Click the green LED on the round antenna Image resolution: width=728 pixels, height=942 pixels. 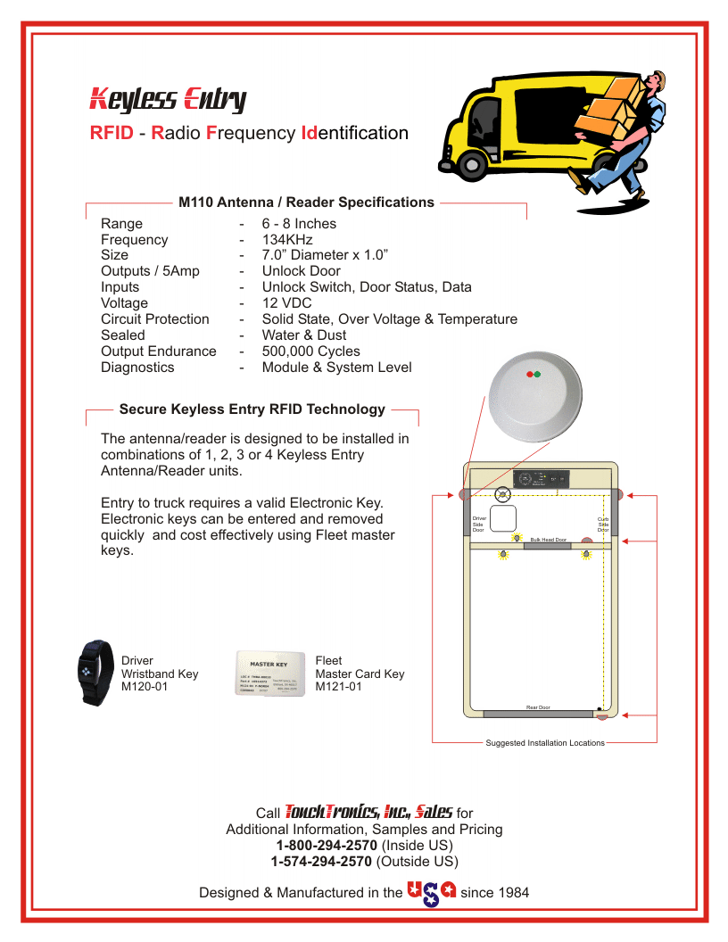pos(537,375)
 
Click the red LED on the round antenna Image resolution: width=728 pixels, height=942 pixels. pos(530,375)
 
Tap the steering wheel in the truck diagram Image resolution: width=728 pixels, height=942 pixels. pos(501,492)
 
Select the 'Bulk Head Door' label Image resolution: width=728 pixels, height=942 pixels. pos(548,540)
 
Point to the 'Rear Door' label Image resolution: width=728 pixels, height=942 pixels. pos(538,707)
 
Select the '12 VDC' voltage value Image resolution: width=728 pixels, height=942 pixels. pos(286,303)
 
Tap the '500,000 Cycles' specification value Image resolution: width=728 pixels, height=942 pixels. pos(310,351)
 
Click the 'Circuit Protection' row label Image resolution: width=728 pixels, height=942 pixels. pos(155,319)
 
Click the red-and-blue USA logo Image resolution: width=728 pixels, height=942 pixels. pos(432,892)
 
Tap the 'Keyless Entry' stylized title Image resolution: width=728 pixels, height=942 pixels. pos(168,99)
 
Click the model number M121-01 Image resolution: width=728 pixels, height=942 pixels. pos(339,687)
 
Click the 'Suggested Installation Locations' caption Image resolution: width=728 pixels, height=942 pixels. pos(544,742)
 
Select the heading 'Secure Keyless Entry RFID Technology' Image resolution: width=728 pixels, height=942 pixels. pos(252,409)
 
